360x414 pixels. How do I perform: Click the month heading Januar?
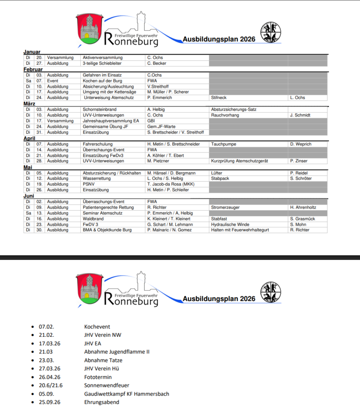pos(32,52)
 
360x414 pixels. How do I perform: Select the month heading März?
pos(29,103)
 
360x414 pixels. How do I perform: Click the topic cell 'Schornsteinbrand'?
pos(99,110)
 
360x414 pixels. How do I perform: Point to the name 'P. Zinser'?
pos(299,161)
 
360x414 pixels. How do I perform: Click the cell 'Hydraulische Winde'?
pos(230,224)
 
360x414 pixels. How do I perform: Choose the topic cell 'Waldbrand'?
pos(93,219)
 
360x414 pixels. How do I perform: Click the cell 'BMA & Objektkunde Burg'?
pos(107,230)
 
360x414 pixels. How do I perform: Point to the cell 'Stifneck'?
pos(219,98)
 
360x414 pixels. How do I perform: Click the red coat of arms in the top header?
pos(88,29)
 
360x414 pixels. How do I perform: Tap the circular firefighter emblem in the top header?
pos(270,32)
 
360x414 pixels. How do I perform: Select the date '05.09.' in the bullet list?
pos(46,394)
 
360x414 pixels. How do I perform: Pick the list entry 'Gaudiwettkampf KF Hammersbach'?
pos(126,394)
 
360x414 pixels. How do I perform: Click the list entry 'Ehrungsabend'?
pos(101,402)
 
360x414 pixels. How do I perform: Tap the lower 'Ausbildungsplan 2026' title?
pos(219,299)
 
